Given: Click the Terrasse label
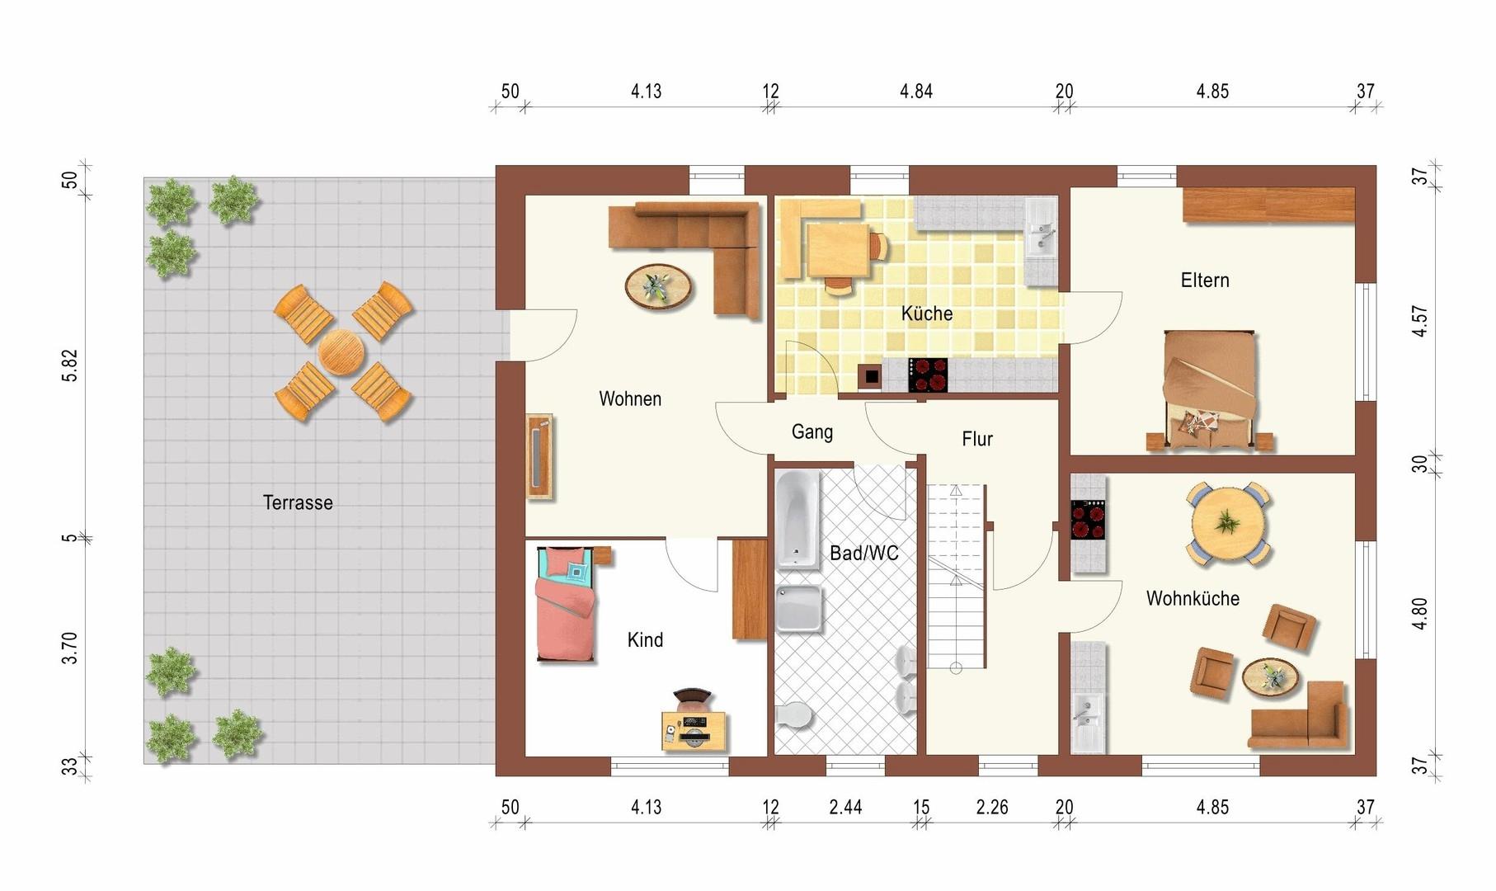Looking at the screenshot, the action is pos(298,502).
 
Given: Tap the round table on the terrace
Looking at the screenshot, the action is pos(341,352).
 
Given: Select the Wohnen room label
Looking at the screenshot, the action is pos(630,399).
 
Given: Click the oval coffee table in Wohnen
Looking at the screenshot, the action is pos(659,286).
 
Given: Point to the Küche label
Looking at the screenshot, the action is pos(927,313).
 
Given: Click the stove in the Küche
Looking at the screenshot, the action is pos(928,375).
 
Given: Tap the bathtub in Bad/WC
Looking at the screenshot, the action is pos(797,520).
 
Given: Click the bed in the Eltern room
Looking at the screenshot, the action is pos(1211,390).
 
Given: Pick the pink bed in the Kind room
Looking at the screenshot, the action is pos(566,604).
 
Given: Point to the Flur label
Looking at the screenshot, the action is pos(977,439).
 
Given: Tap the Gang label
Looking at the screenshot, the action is pos(812,431).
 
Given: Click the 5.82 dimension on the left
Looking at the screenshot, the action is pos(70,365).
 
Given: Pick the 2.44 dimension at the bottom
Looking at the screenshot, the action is pos(845,807).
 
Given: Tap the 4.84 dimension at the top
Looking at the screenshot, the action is pos(916,91).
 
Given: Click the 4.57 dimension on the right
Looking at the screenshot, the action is pos(1419,321).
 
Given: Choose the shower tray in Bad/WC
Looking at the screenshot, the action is pos(799,608).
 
